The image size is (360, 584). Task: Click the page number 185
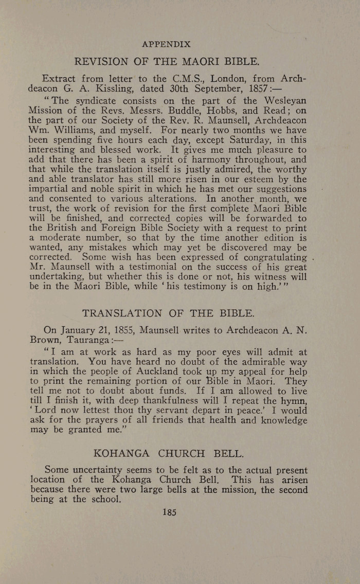click(x=169, y=511)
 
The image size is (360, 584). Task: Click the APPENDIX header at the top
click(x=166, y=44)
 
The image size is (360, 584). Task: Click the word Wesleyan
click(x=284, y=101)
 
